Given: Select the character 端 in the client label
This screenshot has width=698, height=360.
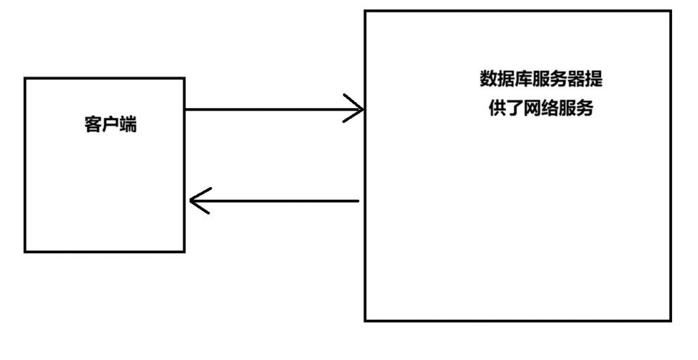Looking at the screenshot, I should pos(128,127).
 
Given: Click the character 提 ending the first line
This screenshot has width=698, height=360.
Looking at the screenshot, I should pos(594,79).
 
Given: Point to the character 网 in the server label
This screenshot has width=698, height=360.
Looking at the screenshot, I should pos(532,109).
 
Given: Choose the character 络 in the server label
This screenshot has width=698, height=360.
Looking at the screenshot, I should pos(550,109).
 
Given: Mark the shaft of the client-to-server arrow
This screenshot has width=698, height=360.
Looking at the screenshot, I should pos(267,109).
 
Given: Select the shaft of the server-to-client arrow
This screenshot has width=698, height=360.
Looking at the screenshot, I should pos(281,201).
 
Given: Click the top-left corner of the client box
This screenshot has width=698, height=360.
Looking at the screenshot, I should pos(25,79).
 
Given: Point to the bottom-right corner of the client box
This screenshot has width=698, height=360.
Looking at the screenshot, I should pos(184,251).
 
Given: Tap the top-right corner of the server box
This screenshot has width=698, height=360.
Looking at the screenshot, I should pos(670,11).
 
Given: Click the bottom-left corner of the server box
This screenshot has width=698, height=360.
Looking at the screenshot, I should pos(366,321).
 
